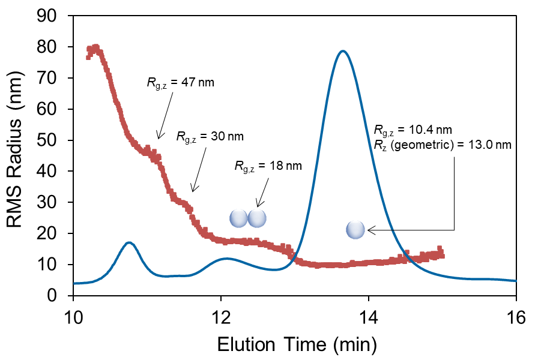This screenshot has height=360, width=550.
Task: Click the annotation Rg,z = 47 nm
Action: tap(180, 83)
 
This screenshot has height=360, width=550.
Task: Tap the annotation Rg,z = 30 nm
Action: tap(210, 136)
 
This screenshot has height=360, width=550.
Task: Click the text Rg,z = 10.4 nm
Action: tap(412, 130)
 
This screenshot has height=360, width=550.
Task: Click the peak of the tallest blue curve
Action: tap(342, 51)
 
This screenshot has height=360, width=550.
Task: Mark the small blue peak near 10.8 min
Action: tap(128, 242)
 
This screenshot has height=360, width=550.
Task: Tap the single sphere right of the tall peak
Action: tap(355, 229)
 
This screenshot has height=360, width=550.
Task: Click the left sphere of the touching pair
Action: tap(238, 218)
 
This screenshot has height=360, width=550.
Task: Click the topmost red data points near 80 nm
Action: tap(94, 48)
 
